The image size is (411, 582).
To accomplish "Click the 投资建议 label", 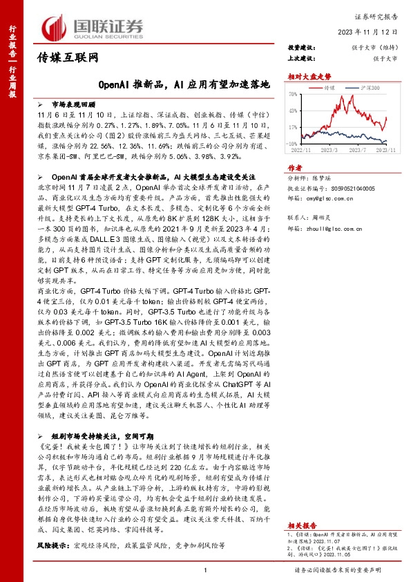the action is coord(300,48).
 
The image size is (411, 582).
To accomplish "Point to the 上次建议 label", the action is coord(300,59).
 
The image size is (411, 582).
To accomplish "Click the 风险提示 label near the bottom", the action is coord(48,545).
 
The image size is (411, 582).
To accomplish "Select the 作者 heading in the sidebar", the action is coord(295,167).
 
